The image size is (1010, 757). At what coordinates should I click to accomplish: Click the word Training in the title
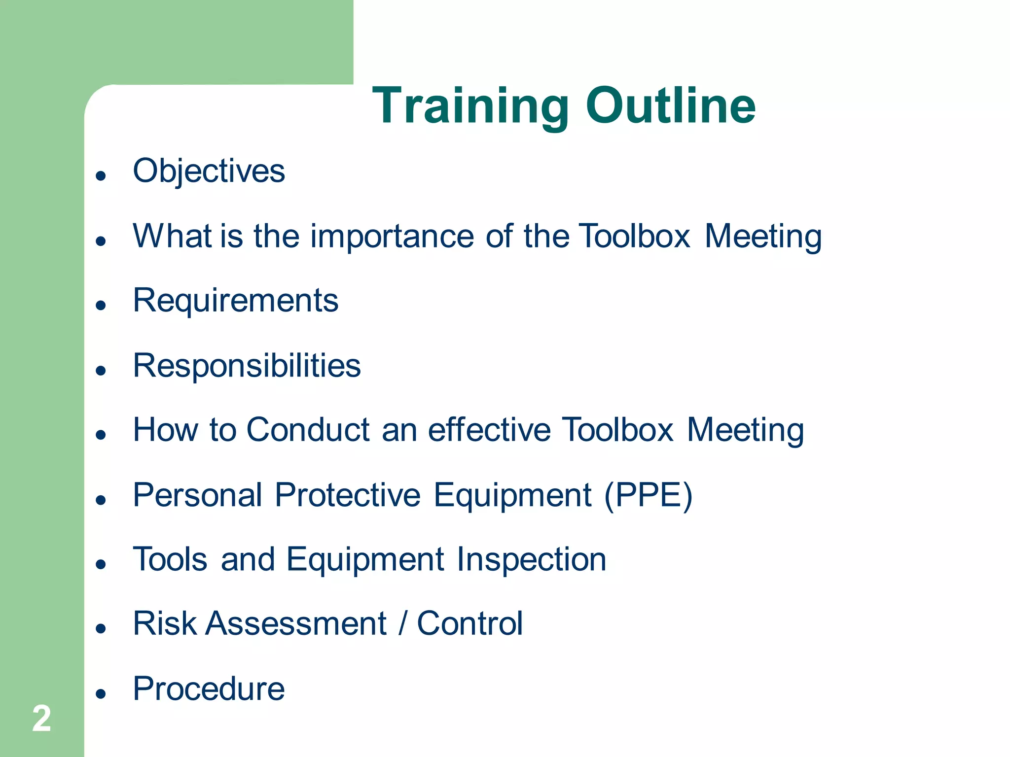click(x=470, y=106)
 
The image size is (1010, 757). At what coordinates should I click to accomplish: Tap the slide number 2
click(x=41, y=719)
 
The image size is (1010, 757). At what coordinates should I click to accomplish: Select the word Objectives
click(x=209, y=172)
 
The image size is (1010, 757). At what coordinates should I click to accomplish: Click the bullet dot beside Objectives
click(x=101, y=176)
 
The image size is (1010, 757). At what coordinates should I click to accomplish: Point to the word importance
click(x=392, y=236)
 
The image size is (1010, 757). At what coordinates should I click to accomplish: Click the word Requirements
click(x=235, y=301)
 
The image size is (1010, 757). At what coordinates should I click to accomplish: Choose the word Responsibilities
click(x=247, y=366)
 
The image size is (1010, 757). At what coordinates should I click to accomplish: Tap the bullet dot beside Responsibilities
click(x=101, y=370)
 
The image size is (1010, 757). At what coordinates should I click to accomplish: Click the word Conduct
click(x=308, y=430)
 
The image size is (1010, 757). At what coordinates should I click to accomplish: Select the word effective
click(x=489, y=430)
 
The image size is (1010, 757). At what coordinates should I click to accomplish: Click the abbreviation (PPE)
click(x=648, y=495)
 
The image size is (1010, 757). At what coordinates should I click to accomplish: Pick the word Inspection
click(x=531, y=560)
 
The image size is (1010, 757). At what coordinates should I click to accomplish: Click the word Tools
click(x=170, y=560)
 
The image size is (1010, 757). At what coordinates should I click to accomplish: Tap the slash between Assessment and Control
click(x=402, y=624)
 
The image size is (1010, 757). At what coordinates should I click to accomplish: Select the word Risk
click(x=165, y=624)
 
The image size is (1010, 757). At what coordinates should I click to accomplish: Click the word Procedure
click(x=209, y=689)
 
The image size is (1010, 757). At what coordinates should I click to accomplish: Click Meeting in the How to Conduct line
click(x=745, y=430)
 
